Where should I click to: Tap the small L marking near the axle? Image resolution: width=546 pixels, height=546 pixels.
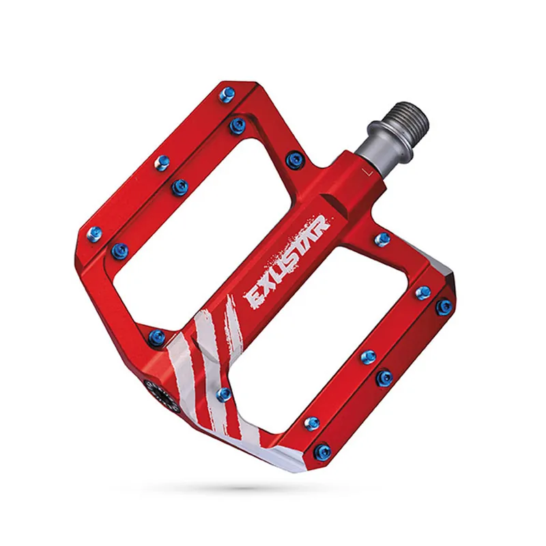click(x=367, y=172)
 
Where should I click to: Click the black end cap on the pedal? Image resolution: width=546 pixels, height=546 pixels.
click(x=162, y=396)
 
